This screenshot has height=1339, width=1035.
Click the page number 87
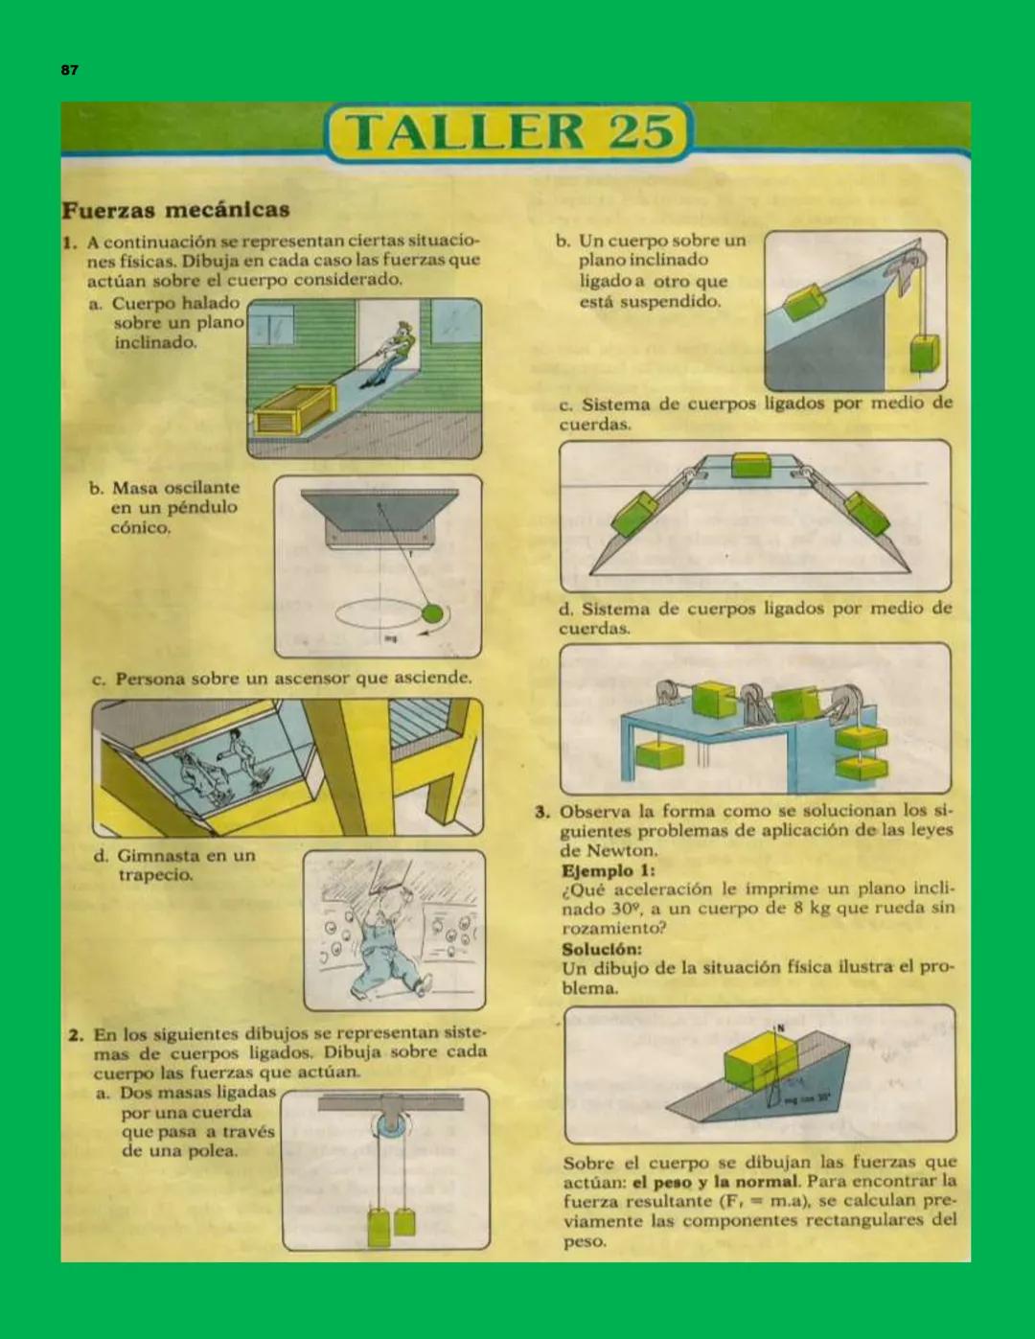pyautogui.click(x=69, y=70)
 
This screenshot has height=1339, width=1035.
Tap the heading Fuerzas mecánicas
pyautogui.click(x=175, y=210)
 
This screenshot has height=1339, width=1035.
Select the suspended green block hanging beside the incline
pyautogui.click(x=925, y=353)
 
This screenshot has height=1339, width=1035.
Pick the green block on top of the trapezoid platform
pyautogui.click(x=750, y=465)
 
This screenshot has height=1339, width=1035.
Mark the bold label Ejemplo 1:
pyautogui.click(x=609, y=870)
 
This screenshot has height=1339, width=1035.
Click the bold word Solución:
pyautogui.click(x=602, y=948)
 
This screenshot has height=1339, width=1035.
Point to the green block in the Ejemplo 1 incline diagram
pyautogui.click(x=760, y=1062)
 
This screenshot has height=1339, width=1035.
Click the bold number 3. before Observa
pyautogui.click(x=542, y=812)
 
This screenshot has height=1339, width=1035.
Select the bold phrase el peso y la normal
pyautogui.click(x=714, y=1182)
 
